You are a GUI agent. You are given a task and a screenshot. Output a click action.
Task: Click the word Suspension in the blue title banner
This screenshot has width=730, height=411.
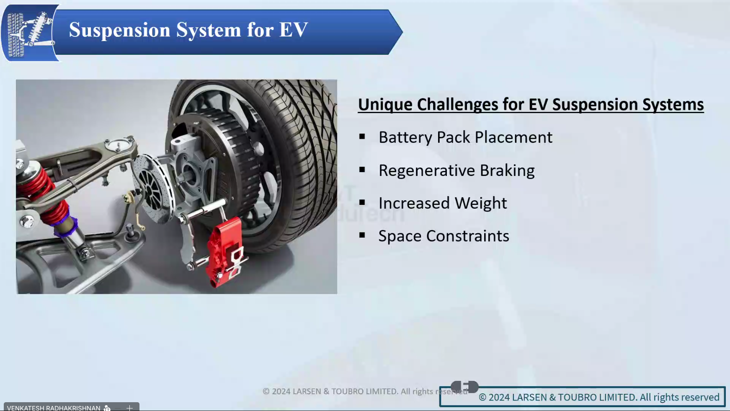[119, 30]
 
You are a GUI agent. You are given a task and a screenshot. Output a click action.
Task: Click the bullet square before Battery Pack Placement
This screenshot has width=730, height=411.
[362, 137]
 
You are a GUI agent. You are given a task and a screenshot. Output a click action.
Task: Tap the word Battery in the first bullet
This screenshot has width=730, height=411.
[405, 137]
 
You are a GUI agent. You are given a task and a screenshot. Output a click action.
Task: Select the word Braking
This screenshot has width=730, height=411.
[507, 171]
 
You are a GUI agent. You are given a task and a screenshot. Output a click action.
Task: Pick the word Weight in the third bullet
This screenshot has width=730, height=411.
[481, 203]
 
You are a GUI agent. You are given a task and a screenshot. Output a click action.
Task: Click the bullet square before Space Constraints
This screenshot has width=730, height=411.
[362, 235]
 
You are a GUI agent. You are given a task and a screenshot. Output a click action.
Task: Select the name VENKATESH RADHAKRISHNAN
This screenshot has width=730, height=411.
[54, 408]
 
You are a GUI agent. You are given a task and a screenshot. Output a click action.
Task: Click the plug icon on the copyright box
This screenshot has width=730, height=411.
[464, 386]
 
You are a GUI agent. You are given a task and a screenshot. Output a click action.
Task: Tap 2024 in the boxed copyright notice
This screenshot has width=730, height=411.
[501, 397]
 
